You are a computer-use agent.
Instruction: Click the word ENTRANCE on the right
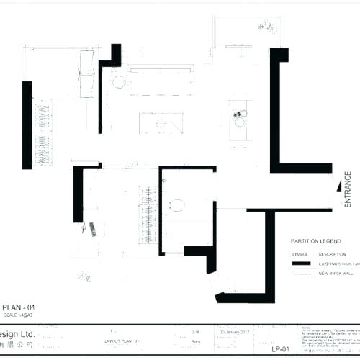[x=347, y=189]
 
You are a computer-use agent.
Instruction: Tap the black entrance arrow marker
[x=338, y=186]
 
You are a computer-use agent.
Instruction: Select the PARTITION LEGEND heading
[x=315, y=242]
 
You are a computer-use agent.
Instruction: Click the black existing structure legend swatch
[x=300, y=264]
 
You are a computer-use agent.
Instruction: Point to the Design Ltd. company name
[x=17, y=335]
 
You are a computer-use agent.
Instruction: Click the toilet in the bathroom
[x=178, y=206]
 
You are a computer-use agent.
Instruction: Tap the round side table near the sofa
[x=119, y=82]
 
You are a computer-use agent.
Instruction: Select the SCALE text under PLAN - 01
[x=19, y=316]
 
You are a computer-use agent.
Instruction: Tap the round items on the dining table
[x=238, y=117]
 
